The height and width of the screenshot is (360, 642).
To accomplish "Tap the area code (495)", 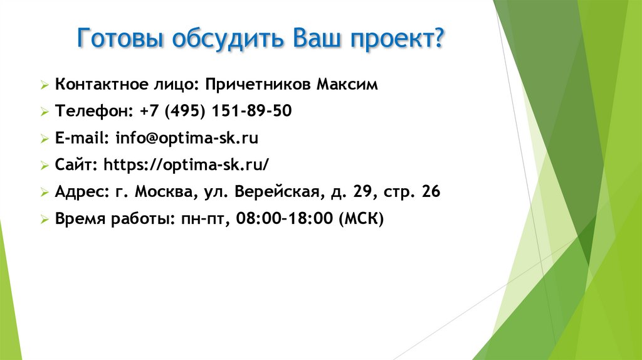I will (185, 112).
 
